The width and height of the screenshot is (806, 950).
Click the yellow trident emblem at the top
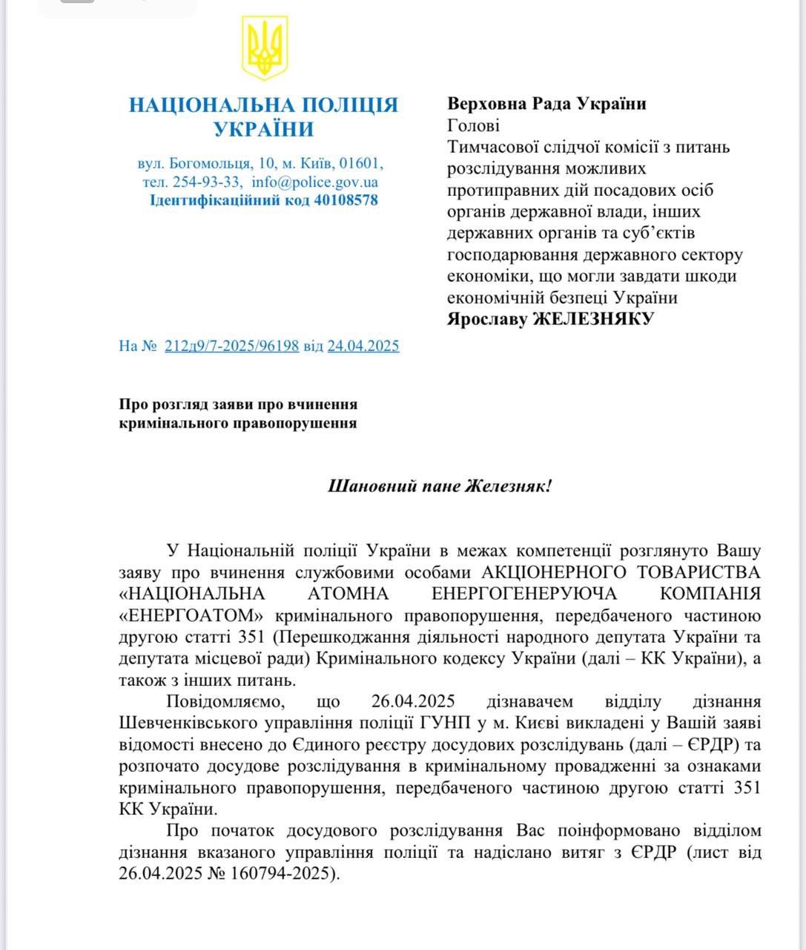[x=265, y=49]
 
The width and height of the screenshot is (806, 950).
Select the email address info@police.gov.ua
[x=314, y=182]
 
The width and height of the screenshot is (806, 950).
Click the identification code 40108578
[x=346, y=200]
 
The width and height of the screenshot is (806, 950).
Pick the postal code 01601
[x=361, y=163]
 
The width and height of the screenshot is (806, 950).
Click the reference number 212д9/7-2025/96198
[x=231, y=346]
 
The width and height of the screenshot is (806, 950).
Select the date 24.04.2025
[x=363, y=346]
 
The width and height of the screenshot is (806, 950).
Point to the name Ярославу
[x=486, y=319]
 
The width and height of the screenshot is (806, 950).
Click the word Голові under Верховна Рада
[x=473, y=125]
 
